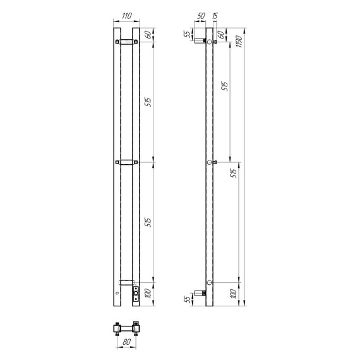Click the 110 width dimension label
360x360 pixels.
[x=126, y=16]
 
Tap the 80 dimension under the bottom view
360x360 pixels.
[x=126, y=342]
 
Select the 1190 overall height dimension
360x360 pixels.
[x=239, y=42]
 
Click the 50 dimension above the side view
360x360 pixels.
[x=201, y=16]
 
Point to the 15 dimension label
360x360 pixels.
[x=215, y=16]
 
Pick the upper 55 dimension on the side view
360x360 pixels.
[x=188, y=35]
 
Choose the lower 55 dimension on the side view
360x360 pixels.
[x=188, y=299]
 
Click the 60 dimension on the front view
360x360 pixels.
[x=149, y=35]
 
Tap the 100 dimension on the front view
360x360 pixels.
[x=149, y=294]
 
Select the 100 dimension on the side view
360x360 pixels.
[x=234, y=294]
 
